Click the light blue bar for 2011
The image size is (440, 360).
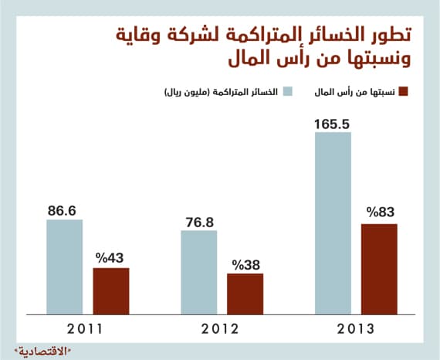point(64,267)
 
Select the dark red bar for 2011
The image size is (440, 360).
point(111,291)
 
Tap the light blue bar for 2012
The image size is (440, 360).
point(198,272)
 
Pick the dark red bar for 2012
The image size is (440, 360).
point(245,294)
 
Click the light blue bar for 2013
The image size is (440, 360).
point(333,223)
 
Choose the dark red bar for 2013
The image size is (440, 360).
point(378,269)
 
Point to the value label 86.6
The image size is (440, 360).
point(64,209)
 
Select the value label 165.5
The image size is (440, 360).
point(332,121)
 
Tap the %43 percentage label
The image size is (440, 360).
point(111,257)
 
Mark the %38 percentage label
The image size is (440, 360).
point(245,263)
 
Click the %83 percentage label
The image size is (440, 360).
point(380,213)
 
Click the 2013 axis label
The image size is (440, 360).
point(356,328)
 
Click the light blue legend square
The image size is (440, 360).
point(288,93)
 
